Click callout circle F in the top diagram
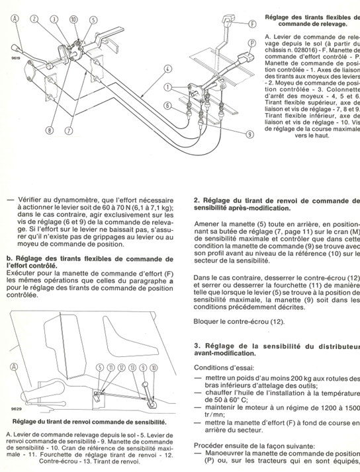click(251, 24)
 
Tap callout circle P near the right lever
click(252, 43)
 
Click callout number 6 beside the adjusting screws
click(168, 105)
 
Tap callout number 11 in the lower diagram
click(111, 367)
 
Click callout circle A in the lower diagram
click(13, 367)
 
